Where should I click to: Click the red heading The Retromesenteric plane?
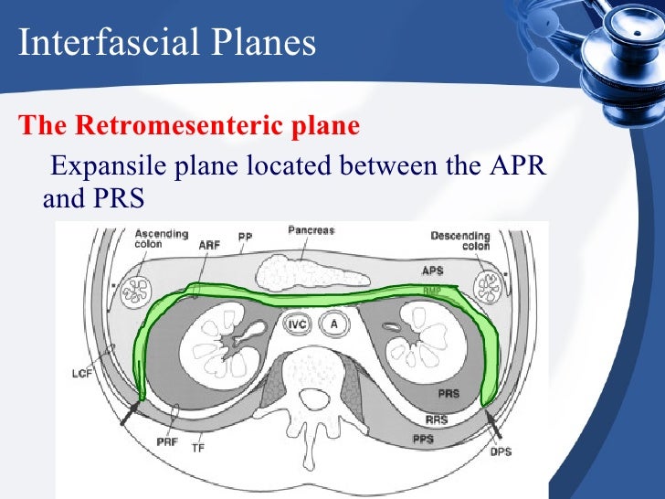[x=189, y=126]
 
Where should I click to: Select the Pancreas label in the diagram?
[x=311, y=230]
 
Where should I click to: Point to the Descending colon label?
[x=460, y=240]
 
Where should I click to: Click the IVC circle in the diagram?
[x=296, y=324]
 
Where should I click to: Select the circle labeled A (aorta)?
[x=335, y=324]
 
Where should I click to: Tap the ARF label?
[x=209, y=245]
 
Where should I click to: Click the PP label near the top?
[x=245, y=237]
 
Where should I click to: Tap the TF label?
[x=198, y=449]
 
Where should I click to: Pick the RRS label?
[x=435, y=419]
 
